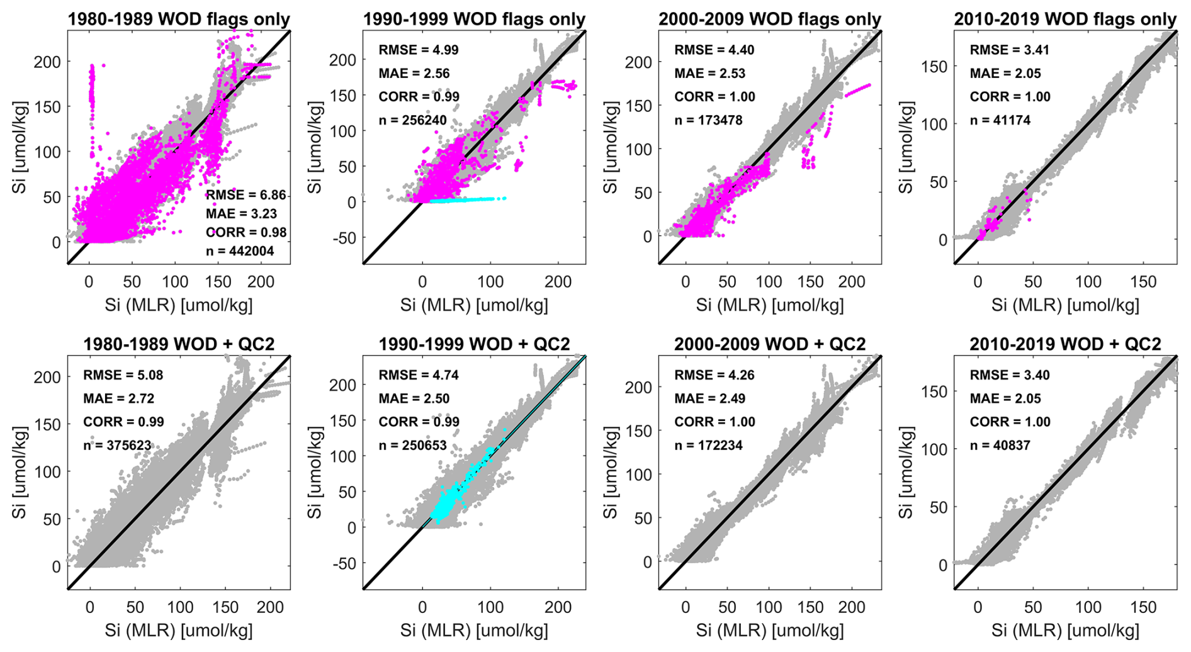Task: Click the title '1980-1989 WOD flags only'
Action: click(x=179, y=20)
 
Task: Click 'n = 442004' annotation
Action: click(x=240, y=251)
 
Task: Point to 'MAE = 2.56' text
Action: click(x=414, y=74)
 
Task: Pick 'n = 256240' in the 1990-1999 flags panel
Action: click(x=413, y=120)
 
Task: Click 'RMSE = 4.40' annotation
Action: click(x=714, y=50)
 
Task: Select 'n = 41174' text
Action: click(x=1000, y=120)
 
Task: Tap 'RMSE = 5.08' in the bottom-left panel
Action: click(x=123, y=376)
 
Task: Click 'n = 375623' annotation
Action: click(x=117, y=446)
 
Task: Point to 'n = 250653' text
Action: click(x=413, y=446)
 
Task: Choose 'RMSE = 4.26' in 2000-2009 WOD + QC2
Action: click(x=714, y=376)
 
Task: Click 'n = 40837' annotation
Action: click(x=1000, y=446)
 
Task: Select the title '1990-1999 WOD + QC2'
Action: click(x=474, y=344)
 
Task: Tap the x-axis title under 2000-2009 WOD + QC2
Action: click(x=770, y=630)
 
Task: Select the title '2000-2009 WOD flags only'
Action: click(x=770, y=20)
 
